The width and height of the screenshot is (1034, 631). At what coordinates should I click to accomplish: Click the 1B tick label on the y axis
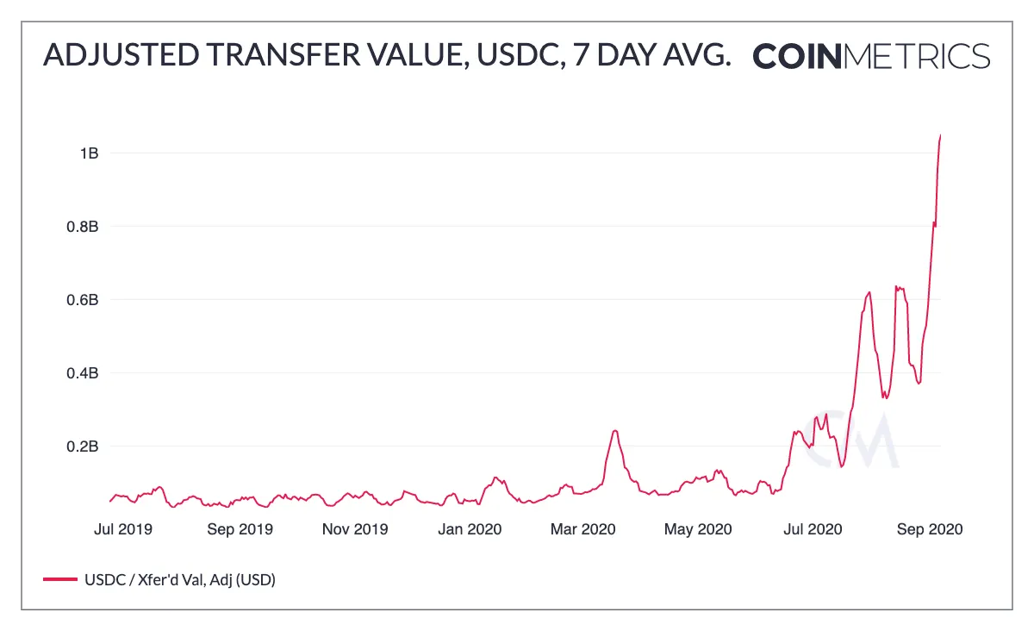[x=89, y=153]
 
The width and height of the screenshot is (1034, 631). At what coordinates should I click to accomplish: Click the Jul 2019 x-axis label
[x=122, y=528]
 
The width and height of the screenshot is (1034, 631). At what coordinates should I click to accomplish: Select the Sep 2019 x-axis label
[x=240, y=528]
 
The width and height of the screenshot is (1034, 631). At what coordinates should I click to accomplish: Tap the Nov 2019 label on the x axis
[x=354, y=528]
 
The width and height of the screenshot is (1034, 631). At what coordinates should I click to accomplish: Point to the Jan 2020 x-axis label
[x=470, y=528]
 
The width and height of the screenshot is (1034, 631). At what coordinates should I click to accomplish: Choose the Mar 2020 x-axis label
[x=582, y=528]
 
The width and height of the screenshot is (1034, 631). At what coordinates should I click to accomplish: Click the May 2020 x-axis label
[x=698, y=528]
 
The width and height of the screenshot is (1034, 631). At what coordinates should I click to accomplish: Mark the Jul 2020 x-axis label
[x=813, y=528]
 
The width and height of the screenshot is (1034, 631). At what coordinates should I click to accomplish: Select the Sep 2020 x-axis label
[x=929, y=528]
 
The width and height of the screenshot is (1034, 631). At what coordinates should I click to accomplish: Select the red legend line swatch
[x=59, y=580]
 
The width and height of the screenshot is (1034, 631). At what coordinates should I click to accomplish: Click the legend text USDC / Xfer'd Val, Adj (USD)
[x=178, y=580]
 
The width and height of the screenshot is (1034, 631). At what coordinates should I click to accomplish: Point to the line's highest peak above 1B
[x=940, y=135]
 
